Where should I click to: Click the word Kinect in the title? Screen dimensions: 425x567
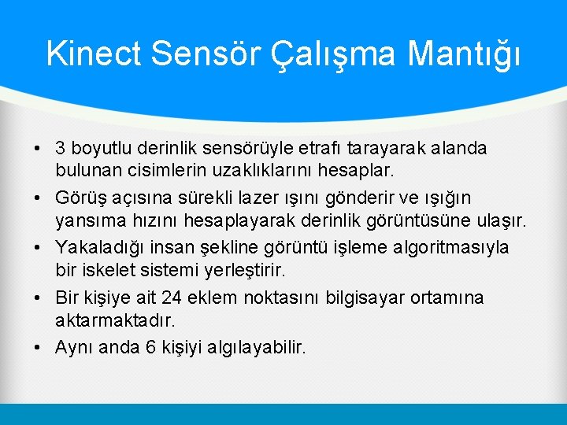pos(94,54)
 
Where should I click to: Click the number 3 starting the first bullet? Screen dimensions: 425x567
pos(61,148)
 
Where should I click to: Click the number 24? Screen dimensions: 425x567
pos(170,298)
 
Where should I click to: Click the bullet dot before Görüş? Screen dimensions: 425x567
pos(39,198)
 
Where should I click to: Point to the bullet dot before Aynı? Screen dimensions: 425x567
pos(39,348)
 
